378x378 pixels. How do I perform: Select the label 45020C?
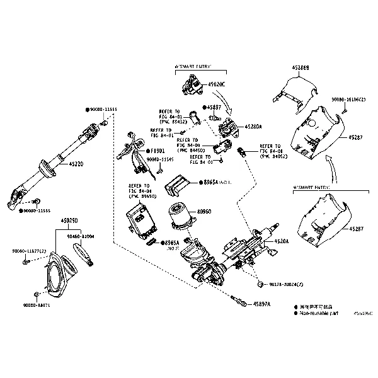coord(218,83)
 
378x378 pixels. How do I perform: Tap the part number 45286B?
coord(301,67)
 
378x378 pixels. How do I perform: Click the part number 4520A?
coord(282,242)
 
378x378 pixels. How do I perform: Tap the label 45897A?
coord(261,304)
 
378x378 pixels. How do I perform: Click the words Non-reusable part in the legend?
coord(319,312)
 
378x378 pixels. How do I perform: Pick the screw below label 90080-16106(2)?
coord(345,112)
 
